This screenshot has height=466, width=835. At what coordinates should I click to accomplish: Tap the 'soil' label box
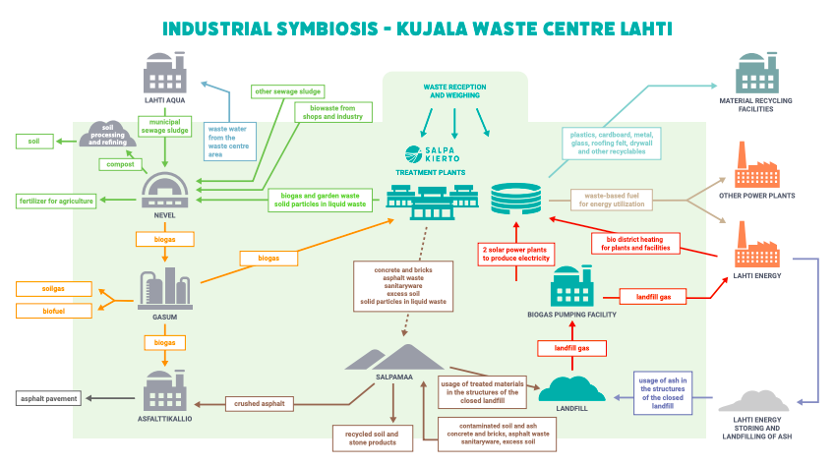[34, 142]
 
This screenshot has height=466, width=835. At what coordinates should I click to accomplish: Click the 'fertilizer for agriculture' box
[56, 202]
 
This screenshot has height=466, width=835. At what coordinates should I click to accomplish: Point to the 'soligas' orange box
[54, 289]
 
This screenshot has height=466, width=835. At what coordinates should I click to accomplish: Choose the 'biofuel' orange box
[54, 311]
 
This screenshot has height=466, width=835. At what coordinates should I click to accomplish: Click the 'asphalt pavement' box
[50, 398]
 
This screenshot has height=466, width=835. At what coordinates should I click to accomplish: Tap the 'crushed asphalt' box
[258, 403]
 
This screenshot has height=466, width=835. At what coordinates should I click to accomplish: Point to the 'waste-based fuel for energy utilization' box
[614, 200]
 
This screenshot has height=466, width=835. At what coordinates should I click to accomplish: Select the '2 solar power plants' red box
[515, 254]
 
